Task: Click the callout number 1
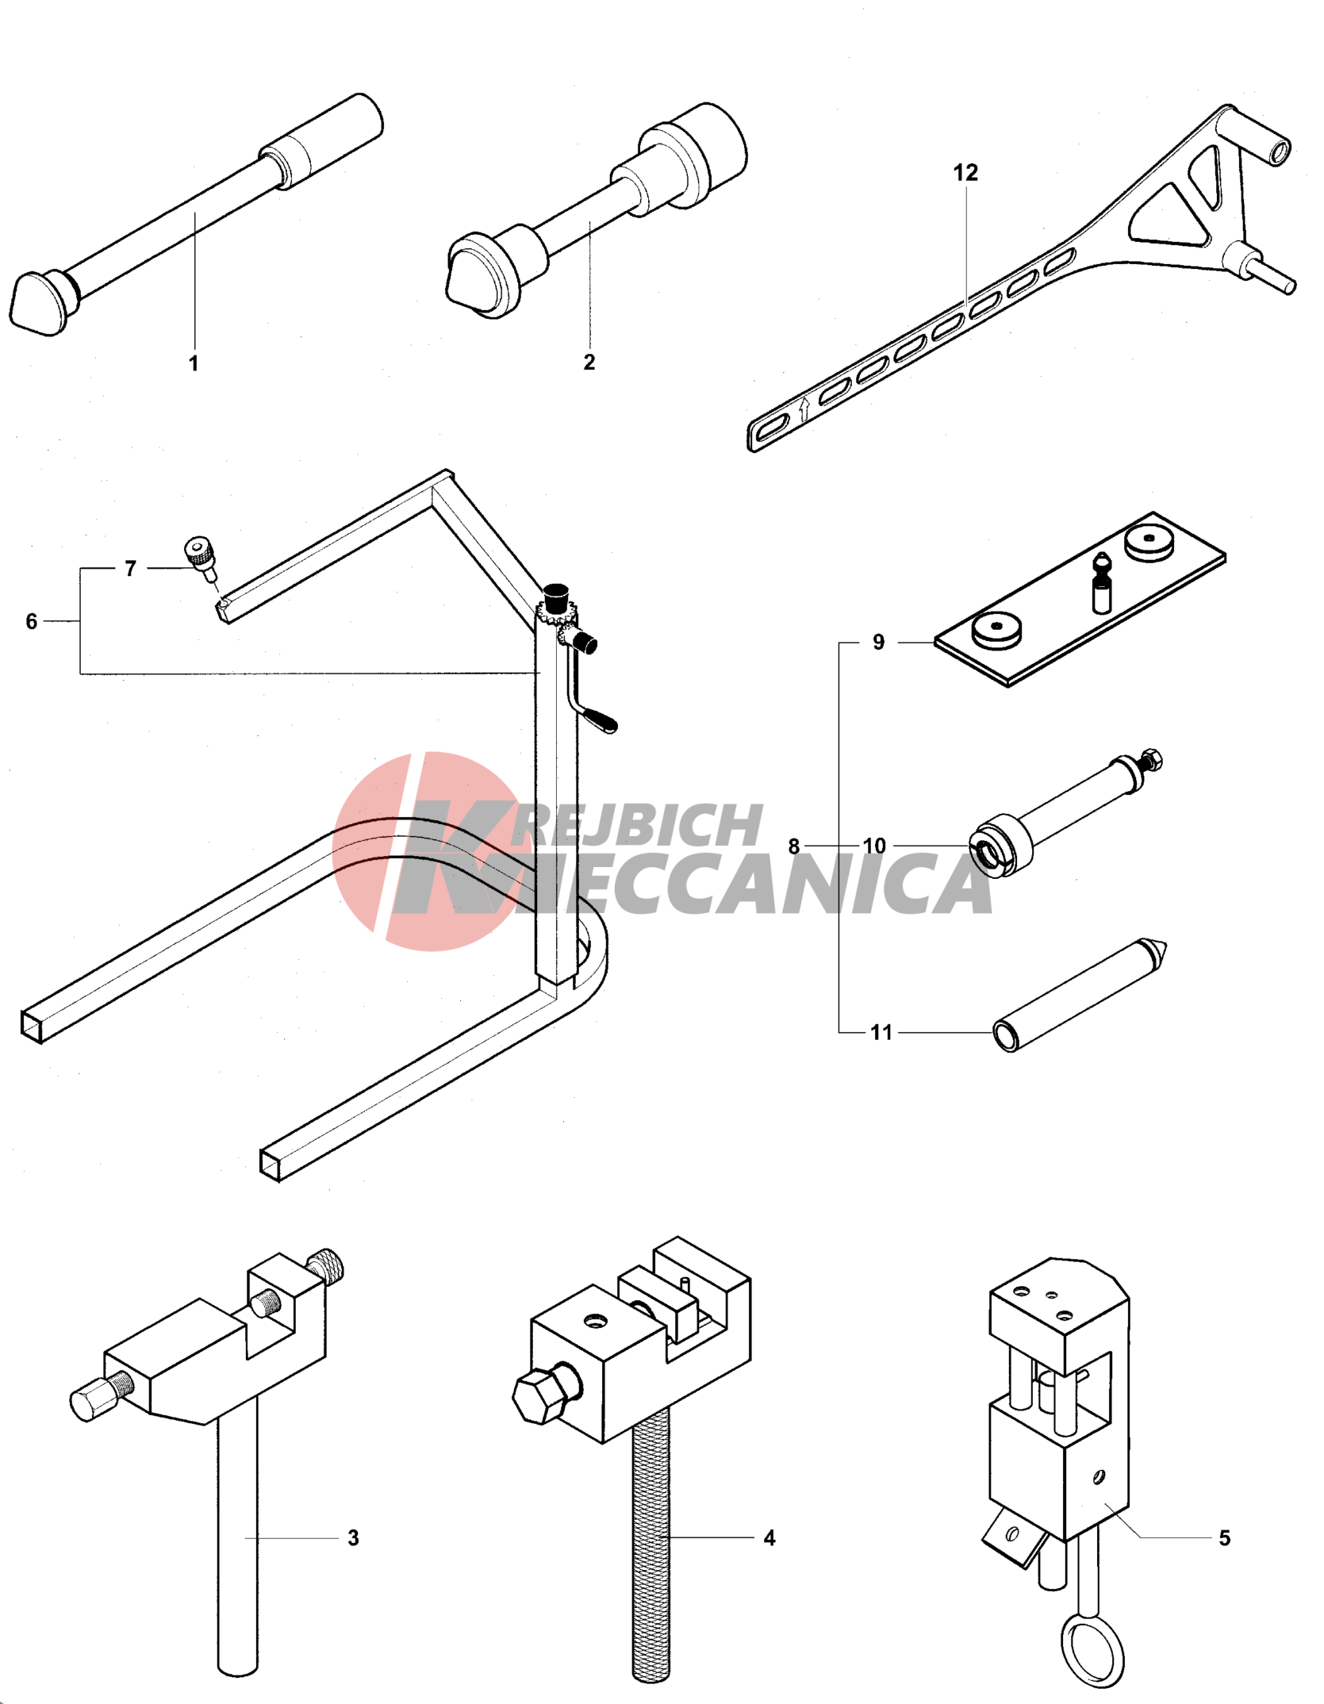tap(194, 363)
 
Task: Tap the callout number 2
tap(589, 362)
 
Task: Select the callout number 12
tap(965, 172)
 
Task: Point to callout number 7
tap(131, 569)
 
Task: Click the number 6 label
tap(32, 621)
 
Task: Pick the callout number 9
tap(879, 642)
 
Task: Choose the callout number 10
tap(874, 846)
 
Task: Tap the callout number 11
tap(881, 1032)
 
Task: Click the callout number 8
tap(794, 846)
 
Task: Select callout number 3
tap(354, 1538)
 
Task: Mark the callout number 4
tap(769, 1538)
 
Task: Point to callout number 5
tap(1225, 1538)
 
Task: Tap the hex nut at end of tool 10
tap(1151, 760)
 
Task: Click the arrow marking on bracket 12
tap(804, 409)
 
